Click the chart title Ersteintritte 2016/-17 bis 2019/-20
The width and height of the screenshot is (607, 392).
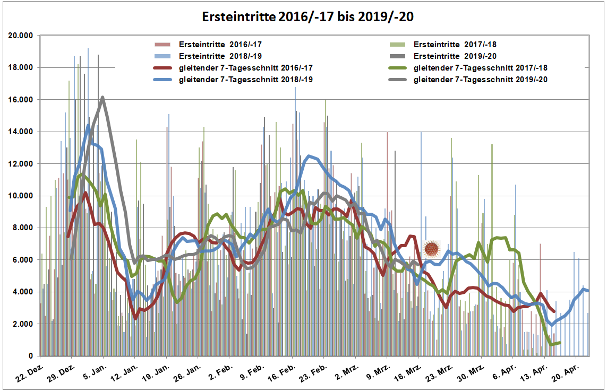308,17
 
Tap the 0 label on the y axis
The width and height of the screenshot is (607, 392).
31,356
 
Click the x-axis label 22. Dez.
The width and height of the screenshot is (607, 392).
31,372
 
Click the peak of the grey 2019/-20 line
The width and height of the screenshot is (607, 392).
102,97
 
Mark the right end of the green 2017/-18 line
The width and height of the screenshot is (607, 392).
560,343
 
